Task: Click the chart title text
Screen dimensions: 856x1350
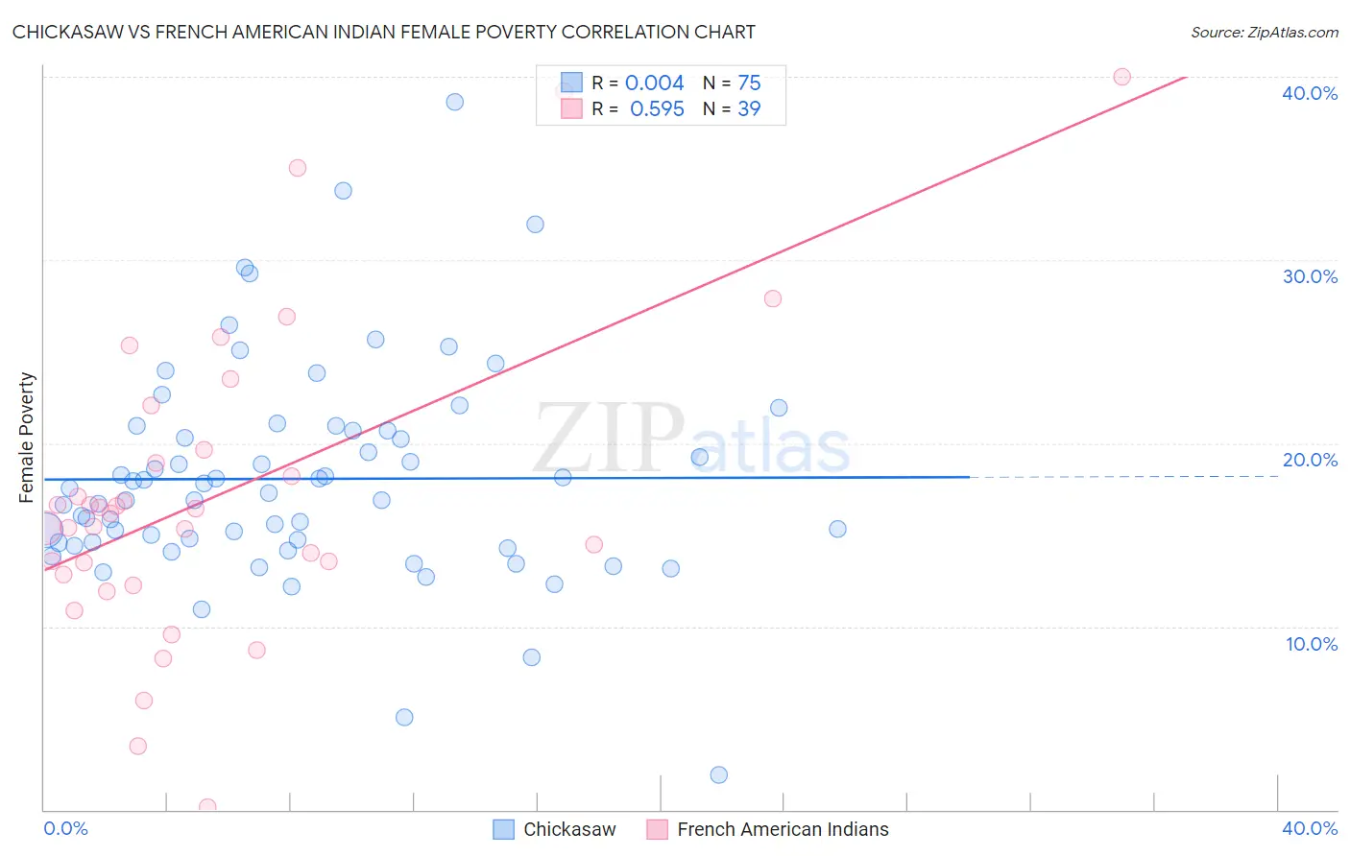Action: [383, 32]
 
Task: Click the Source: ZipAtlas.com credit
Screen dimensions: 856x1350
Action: [1264, 32]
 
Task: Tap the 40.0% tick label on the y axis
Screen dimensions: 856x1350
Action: [1310, 93]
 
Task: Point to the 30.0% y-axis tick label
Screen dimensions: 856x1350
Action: [1310, 276]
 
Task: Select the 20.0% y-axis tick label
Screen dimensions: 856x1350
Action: [1310, 460]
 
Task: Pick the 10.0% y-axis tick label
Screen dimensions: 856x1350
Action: [1312, 644]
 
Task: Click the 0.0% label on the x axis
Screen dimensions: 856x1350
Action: [65, 828]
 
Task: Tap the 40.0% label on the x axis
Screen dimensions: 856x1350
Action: [1310, 828]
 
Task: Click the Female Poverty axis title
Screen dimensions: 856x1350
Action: [27, 438]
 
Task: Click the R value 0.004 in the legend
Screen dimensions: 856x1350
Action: [654, 83]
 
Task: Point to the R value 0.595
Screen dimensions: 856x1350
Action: [657, 109]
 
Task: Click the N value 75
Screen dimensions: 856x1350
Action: [749, 83]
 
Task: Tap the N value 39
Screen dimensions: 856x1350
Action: [749, 109]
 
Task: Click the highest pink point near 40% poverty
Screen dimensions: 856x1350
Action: [1121, 77]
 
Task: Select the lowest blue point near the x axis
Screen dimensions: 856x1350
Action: [718, 774]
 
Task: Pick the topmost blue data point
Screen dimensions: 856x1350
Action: [455, 102]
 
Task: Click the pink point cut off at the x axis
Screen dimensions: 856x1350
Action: [207, 807]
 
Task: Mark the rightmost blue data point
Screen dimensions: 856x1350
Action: [837, 529]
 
